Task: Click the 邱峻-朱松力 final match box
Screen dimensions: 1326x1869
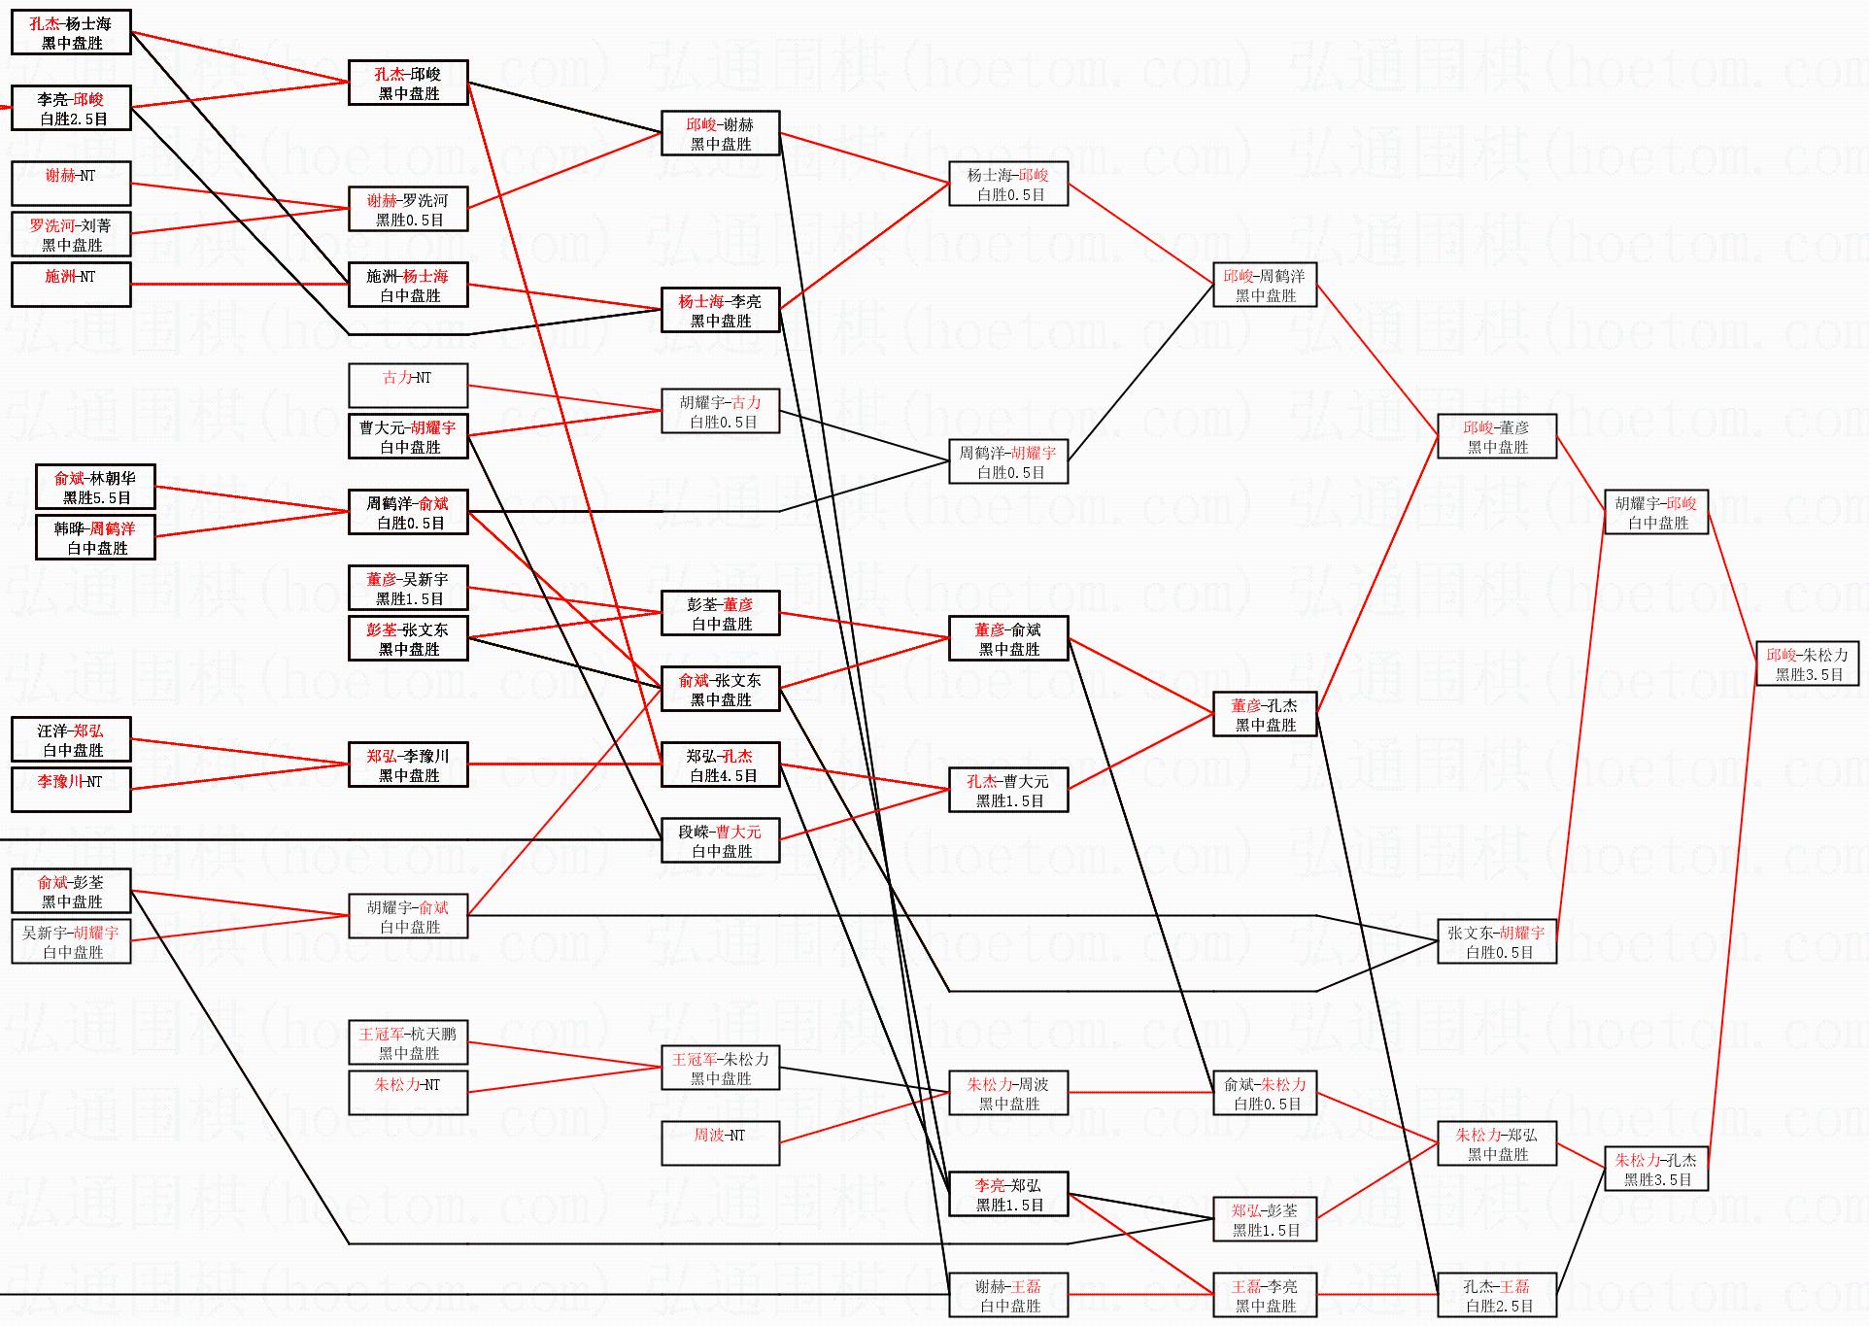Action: tap(1807, 664)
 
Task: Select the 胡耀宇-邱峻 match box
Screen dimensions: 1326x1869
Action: tap(1656, 513)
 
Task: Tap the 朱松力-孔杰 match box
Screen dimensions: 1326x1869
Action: tap(1656, 1170)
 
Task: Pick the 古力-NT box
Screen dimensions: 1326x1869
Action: tap(408, 386)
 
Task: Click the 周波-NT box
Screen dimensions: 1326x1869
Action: tap(720, 1143)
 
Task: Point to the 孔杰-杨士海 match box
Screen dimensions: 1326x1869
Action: tap(71, 33)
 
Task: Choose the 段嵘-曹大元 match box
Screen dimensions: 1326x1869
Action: tap(720, 841)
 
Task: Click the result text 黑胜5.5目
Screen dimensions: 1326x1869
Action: tap(96, 498)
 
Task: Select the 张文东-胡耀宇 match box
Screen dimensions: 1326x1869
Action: tap(1497, 942)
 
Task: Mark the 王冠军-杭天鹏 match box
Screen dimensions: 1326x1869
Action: tap(408, 1043)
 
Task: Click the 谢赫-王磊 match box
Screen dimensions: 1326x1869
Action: tap(1008, 1296)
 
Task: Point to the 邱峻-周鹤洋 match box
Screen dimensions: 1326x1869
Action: tap(1265, 286)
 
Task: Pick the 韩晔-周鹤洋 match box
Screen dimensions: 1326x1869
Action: tap(95, 538)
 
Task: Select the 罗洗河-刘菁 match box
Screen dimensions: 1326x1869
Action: tap(71, 235)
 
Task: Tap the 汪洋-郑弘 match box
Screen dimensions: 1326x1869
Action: tap(71, 740)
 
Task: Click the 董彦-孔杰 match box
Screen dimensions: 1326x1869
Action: tap(1265, 715)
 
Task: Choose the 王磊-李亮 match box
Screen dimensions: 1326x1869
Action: tap(1265, 1296)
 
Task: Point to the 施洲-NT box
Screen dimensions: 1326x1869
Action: tap(71, 285)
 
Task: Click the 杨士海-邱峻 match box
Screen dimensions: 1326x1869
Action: tap(1008, 185)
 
